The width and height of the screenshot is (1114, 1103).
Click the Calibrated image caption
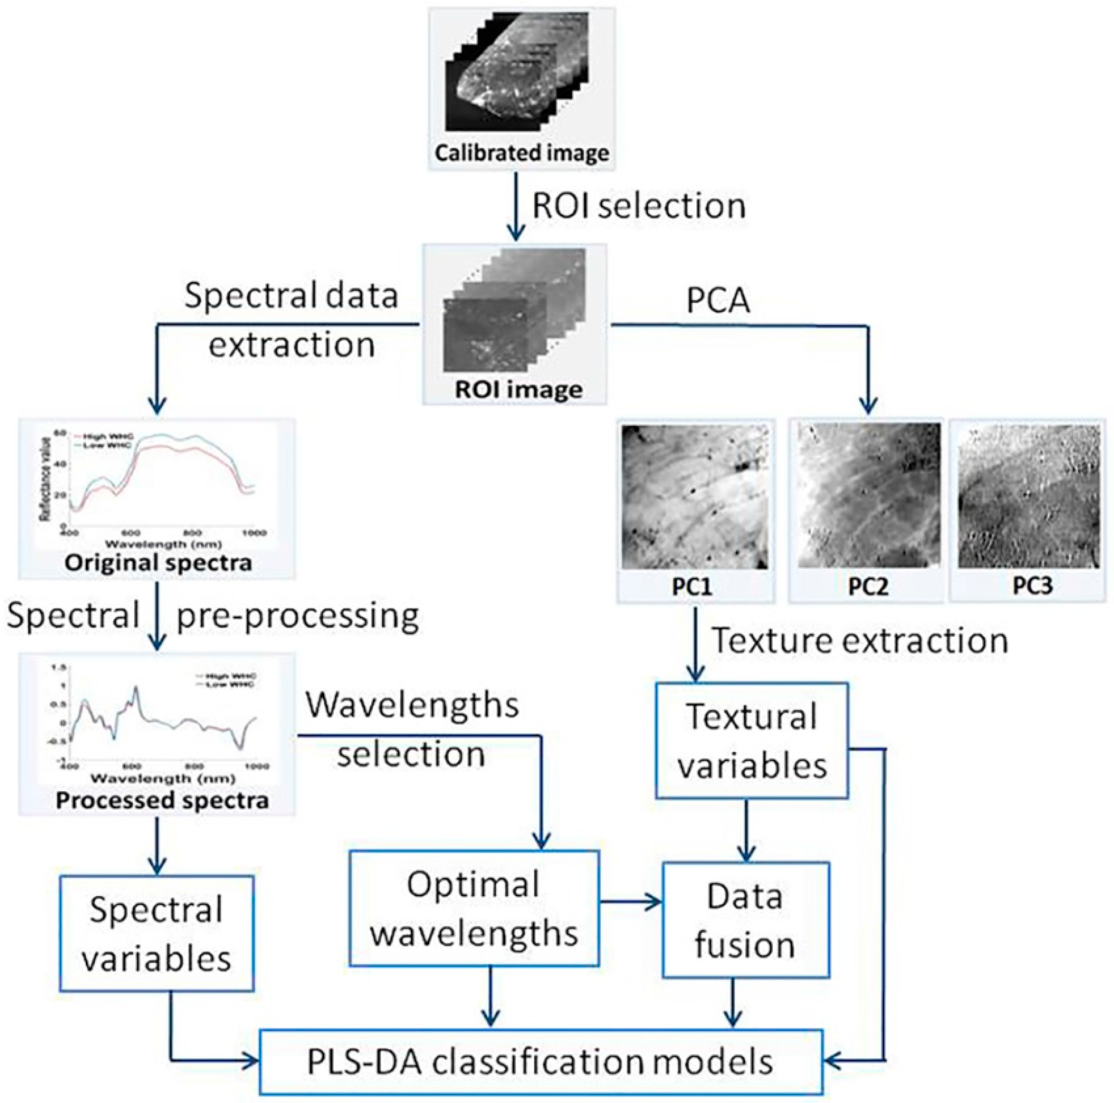pos(521,153)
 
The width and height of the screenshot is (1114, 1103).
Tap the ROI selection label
pos(638,206)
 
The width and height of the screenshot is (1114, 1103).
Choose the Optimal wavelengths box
pos(474,908)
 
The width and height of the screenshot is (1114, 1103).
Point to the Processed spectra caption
pos(162,800)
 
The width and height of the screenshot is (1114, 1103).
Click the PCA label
pos(718,300)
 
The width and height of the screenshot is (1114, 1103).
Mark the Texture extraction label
pos(861,640)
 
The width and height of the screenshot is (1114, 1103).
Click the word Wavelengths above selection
pos(412,704)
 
